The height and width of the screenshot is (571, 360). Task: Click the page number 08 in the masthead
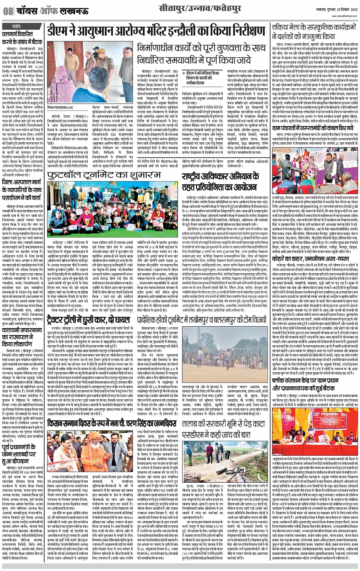click(8, 11)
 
